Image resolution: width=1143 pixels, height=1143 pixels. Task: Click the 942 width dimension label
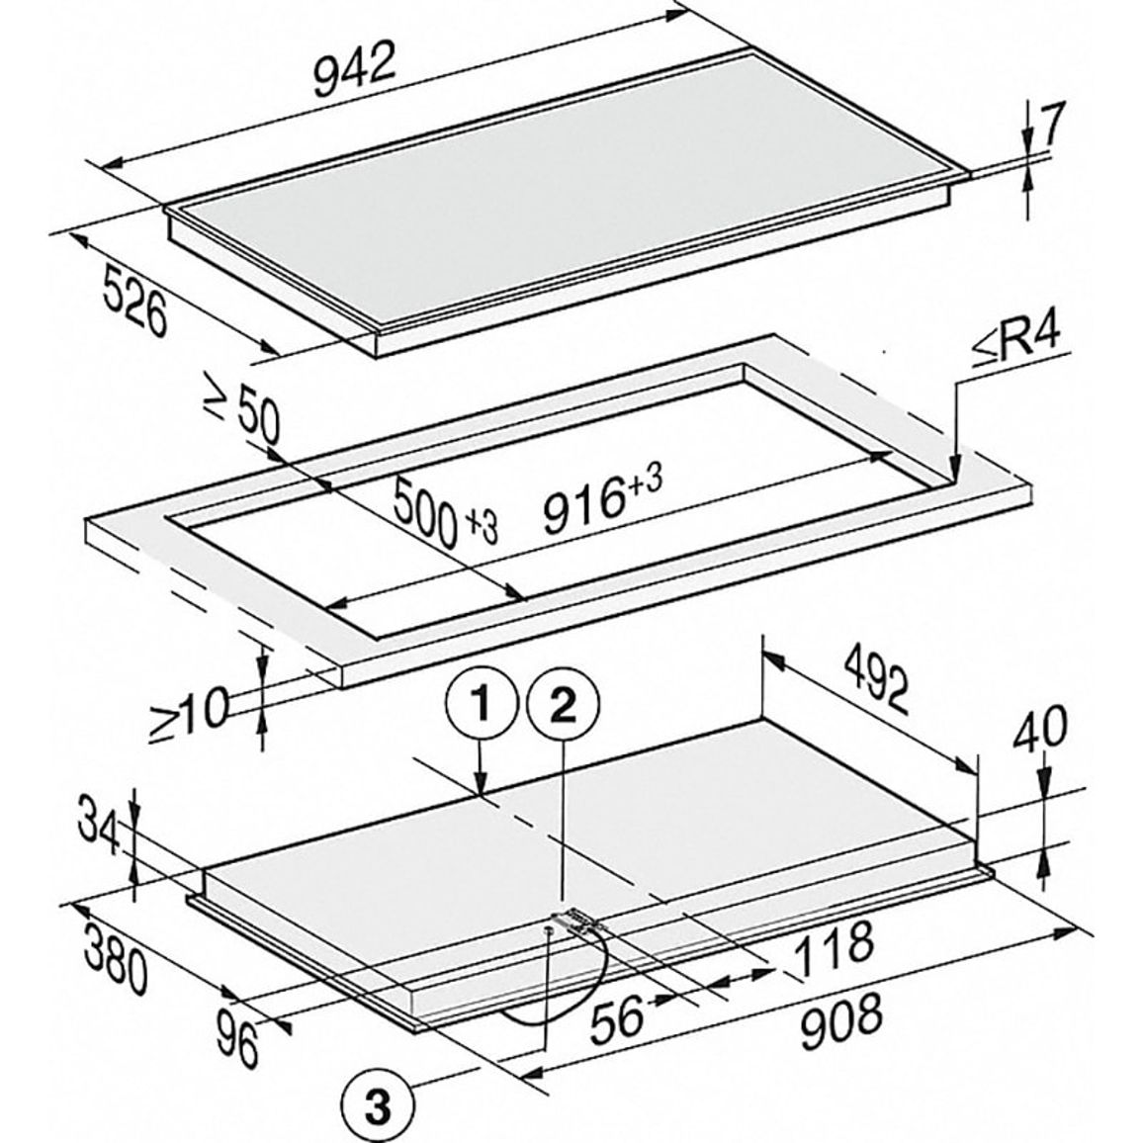click(354, 69)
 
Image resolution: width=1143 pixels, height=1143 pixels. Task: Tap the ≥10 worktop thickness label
click(189, 715)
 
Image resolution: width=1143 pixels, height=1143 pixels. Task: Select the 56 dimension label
click(617, 1017)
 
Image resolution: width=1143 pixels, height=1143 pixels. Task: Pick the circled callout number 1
click(480, 705)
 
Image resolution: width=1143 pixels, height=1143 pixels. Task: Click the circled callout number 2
click(563, 705)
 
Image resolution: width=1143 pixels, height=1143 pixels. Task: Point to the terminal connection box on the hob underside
click(579, 921)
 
